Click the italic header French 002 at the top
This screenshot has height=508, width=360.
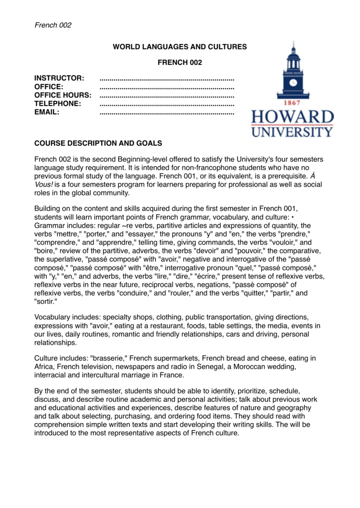point(53,25)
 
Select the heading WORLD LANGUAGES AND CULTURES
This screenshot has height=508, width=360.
point(180,47)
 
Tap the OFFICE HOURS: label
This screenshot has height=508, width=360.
point(63,95)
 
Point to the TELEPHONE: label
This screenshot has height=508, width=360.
point(58,104)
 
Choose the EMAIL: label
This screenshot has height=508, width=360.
point(47,112)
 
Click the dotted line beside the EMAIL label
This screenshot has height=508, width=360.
point(167,113)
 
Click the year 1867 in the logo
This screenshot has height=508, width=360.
point(292,104)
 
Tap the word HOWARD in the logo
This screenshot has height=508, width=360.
point(292,118)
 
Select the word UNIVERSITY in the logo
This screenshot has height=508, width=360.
point(292,132)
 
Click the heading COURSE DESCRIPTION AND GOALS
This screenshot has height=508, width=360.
point(98,143)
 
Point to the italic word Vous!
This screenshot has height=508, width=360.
point(44,185)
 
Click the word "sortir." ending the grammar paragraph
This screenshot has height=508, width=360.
point(46,302)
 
